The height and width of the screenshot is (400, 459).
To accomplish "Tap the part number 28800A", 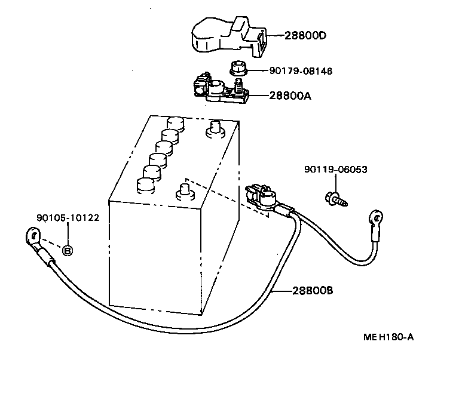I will tap(290, 96).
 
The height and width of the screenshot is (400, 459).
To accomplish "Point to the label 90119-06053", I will tap(335, 170).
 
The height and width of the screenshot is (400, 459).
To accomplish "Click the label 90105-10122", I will tap(68, 218).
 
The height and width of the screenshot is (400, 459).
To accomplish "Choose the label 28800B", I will tap(313, 291).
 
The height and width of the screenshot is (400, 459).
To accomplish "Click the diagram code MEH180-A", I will tap(388, 337).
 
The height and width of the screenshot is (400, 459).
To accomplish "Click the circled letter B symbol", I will tap(68, 250).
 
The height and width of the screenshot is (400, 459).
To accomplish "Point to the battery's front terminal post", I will tap(183, 192).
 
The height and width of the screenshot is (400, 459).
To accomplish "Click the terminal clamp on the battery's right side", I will tap(261, 196).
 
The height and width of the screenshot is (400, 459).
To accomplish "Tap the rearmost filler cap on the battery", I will tap(176, 123).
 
